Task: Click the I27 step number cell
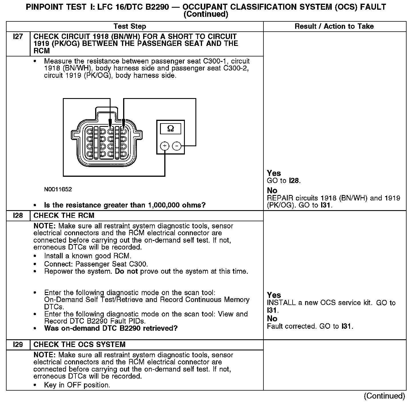(x=18, y=37)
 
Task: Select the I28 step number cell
(x=18, y=216)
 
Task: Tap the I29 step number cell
(x=18, y=345)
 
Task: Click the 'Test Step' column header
(x=130, y=27)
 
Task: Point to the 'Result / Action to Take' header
(x=334, y=27)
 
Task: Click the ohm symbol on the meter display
(x=171, y=129)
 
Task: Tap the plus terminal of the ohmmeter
(x=165, y=146)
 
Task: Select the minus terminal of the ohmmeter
(x=177, y=146)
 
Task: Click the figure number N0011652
(x=58, y=189)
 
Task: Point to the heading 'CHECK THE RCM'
(x=64, y=216)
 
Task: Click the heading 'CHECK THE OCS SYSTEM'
(x=79, y=345)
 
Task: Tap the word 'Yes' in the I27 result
(x=274, y=173)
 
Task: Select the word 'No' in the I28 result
(x=272, y=318)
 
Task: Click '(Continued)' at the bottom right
(x=384, y=396)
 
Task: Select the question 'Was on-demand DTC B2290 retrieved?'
(x=111, y=328)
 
